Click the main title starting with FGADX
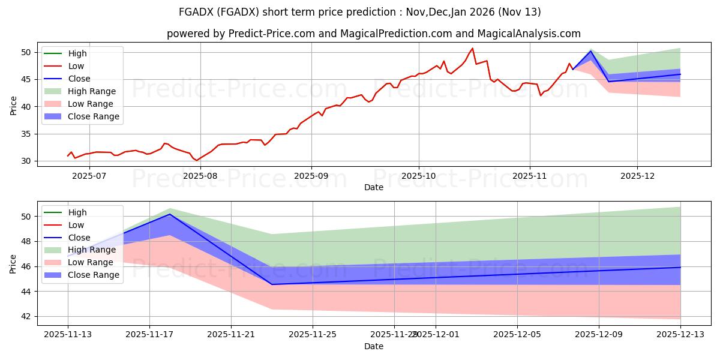360,12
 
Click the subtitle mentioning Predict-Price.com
373,34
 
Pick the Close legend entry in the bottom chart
79,238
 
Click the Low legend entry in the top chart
76,66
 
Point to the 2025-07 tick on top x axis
90,176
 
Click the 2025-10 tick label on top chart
418,176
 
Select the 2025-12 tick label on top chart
637,176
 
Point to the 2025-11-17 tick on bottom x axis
149,334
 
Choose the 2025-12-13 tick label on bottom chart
680,334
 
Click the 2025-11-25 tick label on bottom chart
313,334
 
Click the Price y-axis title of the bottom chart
13,263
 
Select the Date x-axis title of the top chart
373,187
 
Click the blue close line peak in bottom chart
170,214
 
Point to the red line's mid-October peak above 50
472,49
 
